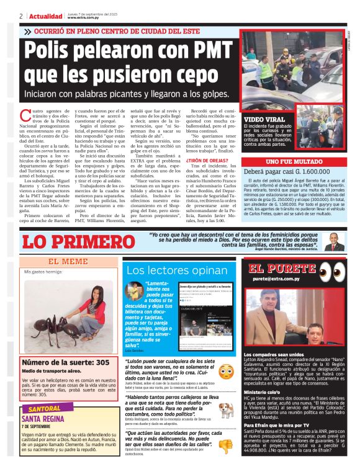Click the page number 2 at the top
(20, 16)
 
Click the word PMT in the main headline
(205, 50)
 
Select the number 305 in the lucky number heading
(101, 361)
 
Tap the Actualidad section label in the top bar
(43, 16)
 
